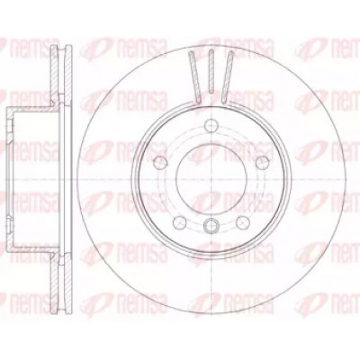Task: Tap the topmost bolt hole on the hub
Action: click(x=211, y=124)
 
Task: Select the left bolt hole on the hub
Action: click(x=160, y=163)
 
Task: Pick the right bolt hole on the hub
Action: click(x=263, y=163)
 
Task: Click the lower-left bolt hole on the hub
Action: click(x=180, y=222)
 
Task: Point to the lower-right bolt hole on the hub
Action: click(x=243, y=222)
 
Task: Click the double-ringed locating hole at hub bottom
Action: click(x=211, y=226)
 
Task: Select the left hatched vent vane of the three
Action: click(x=194, y=77)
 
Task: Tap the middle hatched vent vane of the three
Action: click(x=211, y=71)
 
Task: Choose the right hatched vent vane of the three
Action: click(x=228, y=77)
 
